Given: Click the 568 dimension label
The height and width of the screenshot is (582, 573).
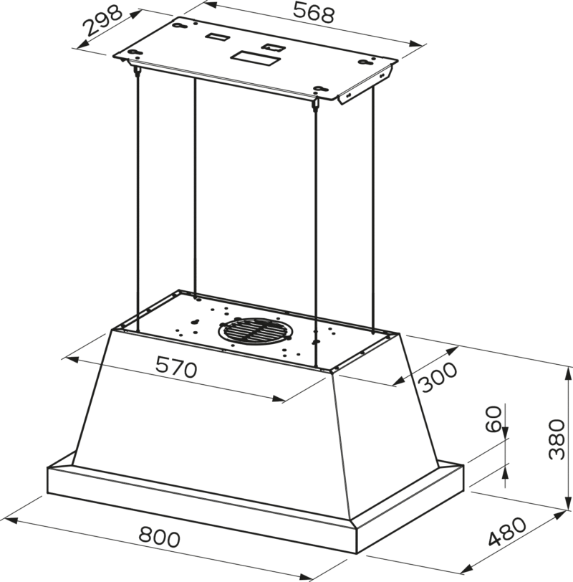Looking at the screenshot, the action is pos(314,12).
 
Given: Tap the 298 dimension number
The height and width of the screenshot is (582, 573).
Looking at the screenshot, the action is pos(102,20).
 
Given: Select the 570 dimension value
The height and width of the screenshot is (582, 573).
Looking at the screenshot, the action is pos(176,367).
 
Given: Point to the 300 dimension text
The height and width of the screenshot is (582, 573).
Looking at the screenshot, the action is pos(439,377).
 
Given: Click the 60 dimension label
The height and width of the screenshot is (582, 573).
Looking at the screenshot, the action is pos(493,419).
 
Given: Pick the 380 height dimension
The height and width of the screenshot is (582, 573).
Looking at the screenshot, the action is pos(557,439).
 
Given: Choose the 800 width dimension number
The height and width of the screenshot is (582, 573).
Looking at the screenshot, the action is pos(160,537).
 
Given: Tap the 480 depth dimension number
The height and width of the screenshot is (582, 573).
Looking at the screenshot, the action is pos(506,532).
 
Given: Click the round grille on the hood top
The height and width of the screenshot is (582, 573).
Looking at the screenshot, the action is pos(254,331).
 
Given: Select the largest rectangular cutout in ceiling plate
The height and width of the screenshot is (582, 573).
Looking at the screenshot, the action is pos(255,58).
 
